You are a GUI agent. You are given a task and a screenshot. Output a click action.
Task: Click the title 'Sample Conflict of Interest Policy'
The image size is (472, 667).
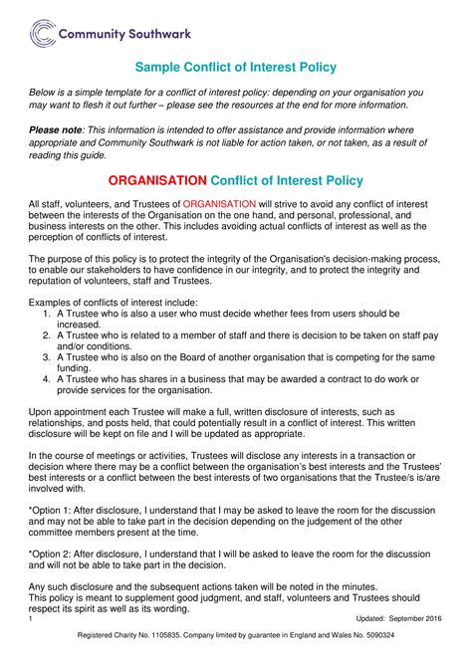click(x=235, y=67)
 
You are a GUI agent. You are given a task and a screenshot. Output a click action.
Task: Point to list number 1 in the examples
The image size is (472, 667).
click(x=47, y=313)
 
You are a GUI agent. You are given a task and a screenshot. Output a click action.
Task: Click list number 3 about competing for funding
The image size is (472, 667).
click(x=47, y=356)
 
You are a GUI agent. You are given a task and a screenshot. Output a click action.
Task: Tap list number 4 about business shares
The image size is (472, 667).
click(x=47, y=378)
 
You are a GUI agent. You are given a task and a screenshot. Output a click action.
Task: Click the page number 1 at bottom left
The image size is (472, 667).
click(x=32, y=619)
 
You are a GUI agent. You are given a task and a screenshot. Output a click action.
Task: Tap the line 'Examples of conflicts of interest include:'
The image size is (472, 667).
click(x=114, y=302)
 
